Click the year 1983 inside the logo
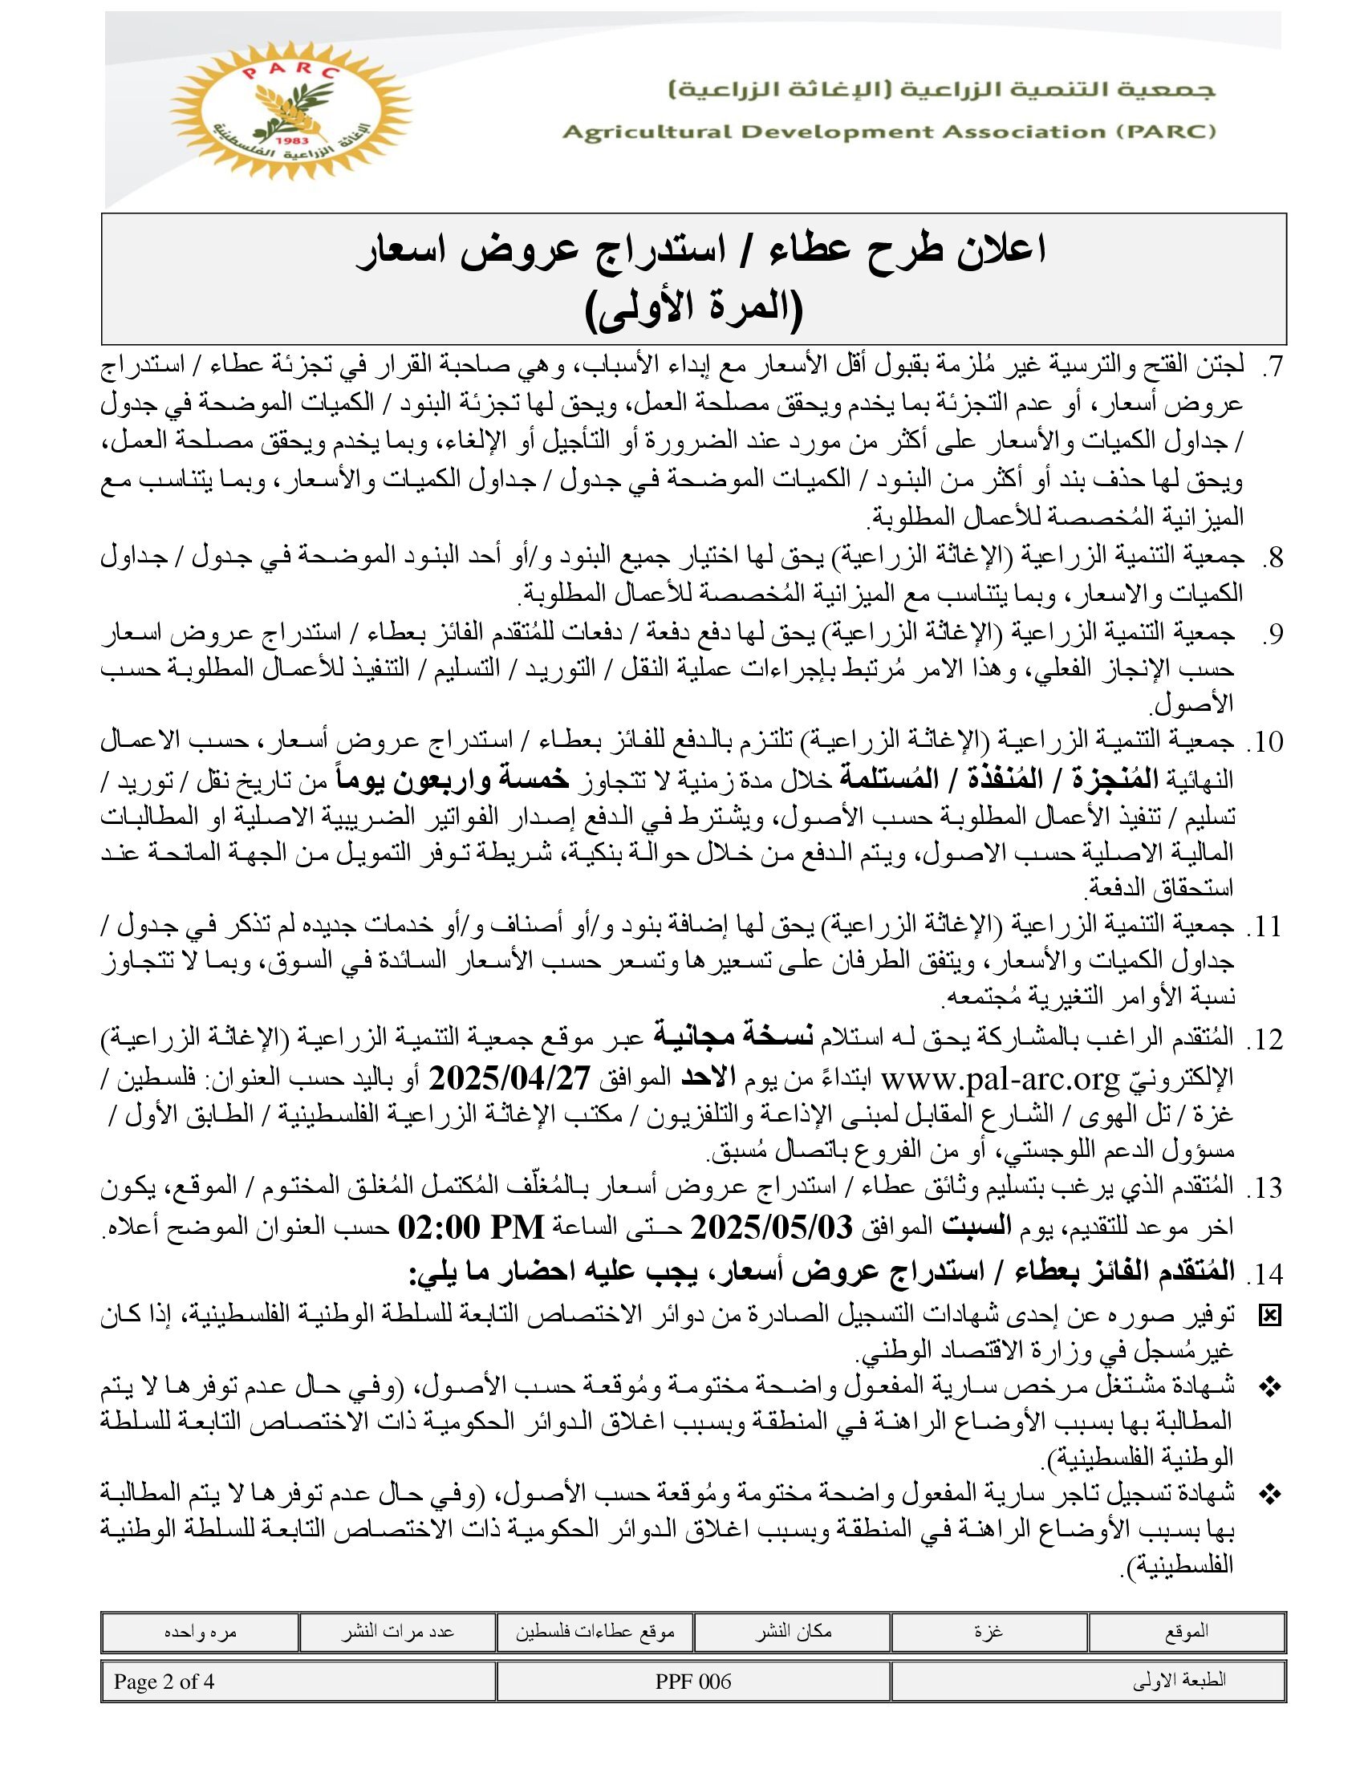(288, 141)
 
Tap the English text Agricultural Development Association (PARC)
(889, 132)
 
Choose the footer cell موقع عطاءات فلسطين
(595, 1631)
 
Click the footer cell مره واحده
(200, 1631)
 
